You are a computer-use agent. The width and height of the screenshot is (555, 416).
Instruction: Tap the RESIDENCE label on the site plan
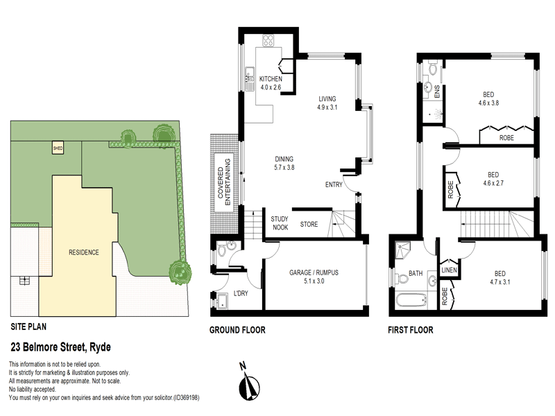point(83,252)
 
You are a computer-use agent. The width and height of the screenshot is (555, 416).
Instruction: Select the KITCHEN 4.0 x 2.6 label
point(271,83)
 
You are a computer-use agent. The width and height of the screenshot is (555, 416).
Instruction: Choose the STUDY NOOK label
point(280,223)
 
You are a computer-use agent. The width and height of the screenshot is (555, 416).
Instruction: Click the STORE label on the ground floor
point(309,224)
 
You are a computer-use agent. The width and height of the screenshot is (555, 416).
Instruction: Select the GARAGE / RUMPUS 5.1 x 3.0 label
point(315,277)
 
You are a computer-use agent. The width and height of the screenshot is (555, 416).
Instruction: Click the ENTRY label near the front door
point(334,184)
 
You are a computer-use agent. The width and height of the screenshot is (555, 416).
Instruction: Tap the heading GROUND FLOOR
point(237,331)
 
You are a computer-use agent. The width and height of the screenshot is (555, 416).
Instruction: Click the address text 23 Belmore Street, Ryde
point(61,347)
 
